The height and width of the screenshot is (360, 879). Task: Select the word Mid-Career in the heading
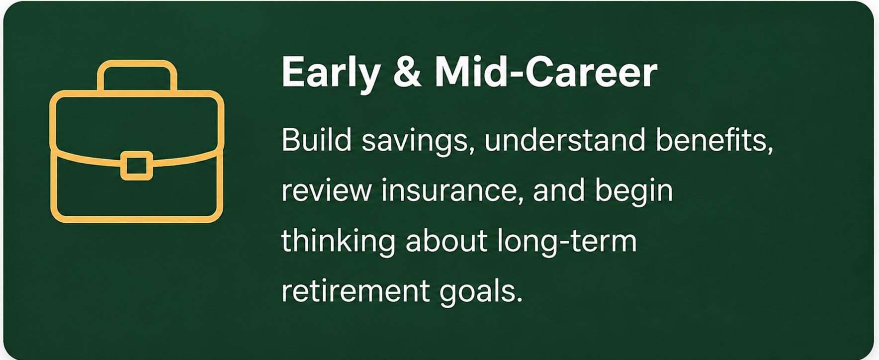pos(546,73)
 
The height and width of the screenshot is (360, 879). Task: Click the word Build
pos(317,140)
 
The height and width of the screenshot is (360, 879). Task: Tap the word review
pos(326,191)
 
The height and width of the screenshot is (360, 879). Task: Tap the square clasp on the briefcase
pos(137,166)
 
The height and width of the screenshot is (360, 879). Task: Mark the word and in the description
pos(559,190)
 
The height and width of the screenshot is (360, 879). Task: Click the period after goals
pos(520,300)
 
